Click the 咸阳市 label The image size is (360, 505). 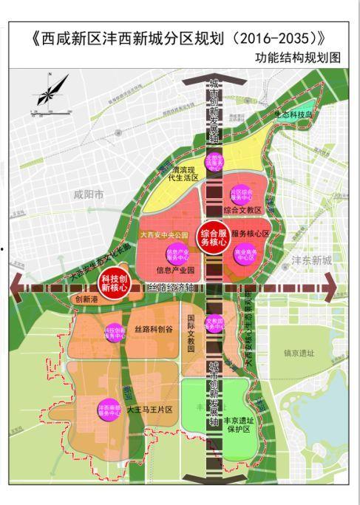coord(90,195)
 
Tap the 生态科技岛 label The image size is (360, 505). coord(294,115)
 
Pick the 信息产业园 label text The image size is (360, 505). coord(174,271)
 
